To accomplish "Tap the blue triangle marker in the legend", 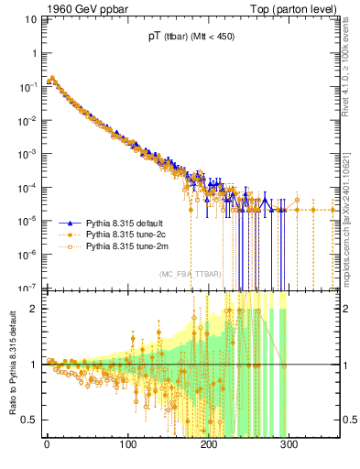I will [70, 223].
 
